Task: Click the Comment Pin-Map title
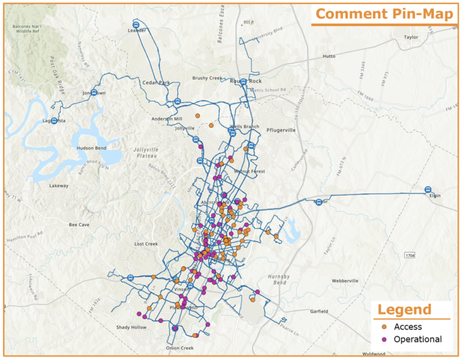[385, 14]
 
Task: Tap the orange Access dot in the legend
[384, 327]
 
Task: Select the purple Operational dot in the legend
[384, 339]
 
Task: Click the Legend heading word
[404, 310]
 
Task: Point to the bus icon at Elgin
[428, 189]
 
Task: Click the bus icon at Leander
[136, 24]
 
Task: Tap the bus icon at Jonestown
[94, 92]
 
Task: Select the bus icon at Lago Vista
[54, 121]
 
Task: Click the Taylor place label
[411, 37]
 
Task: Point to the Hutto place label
[329, 56]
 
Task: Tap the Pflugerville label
[280, 130]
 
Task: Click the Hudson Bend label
[92, 148]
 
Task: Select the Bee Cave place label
[79, 225]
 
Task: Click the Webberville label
[345, 281]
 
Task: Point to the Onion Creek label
[180, 348]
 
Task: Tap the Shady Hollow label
[131, 327]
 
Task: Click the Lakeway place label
[59, 186]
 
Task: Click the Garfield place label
[319, 311]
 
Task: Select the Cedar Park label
[156, 83]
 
